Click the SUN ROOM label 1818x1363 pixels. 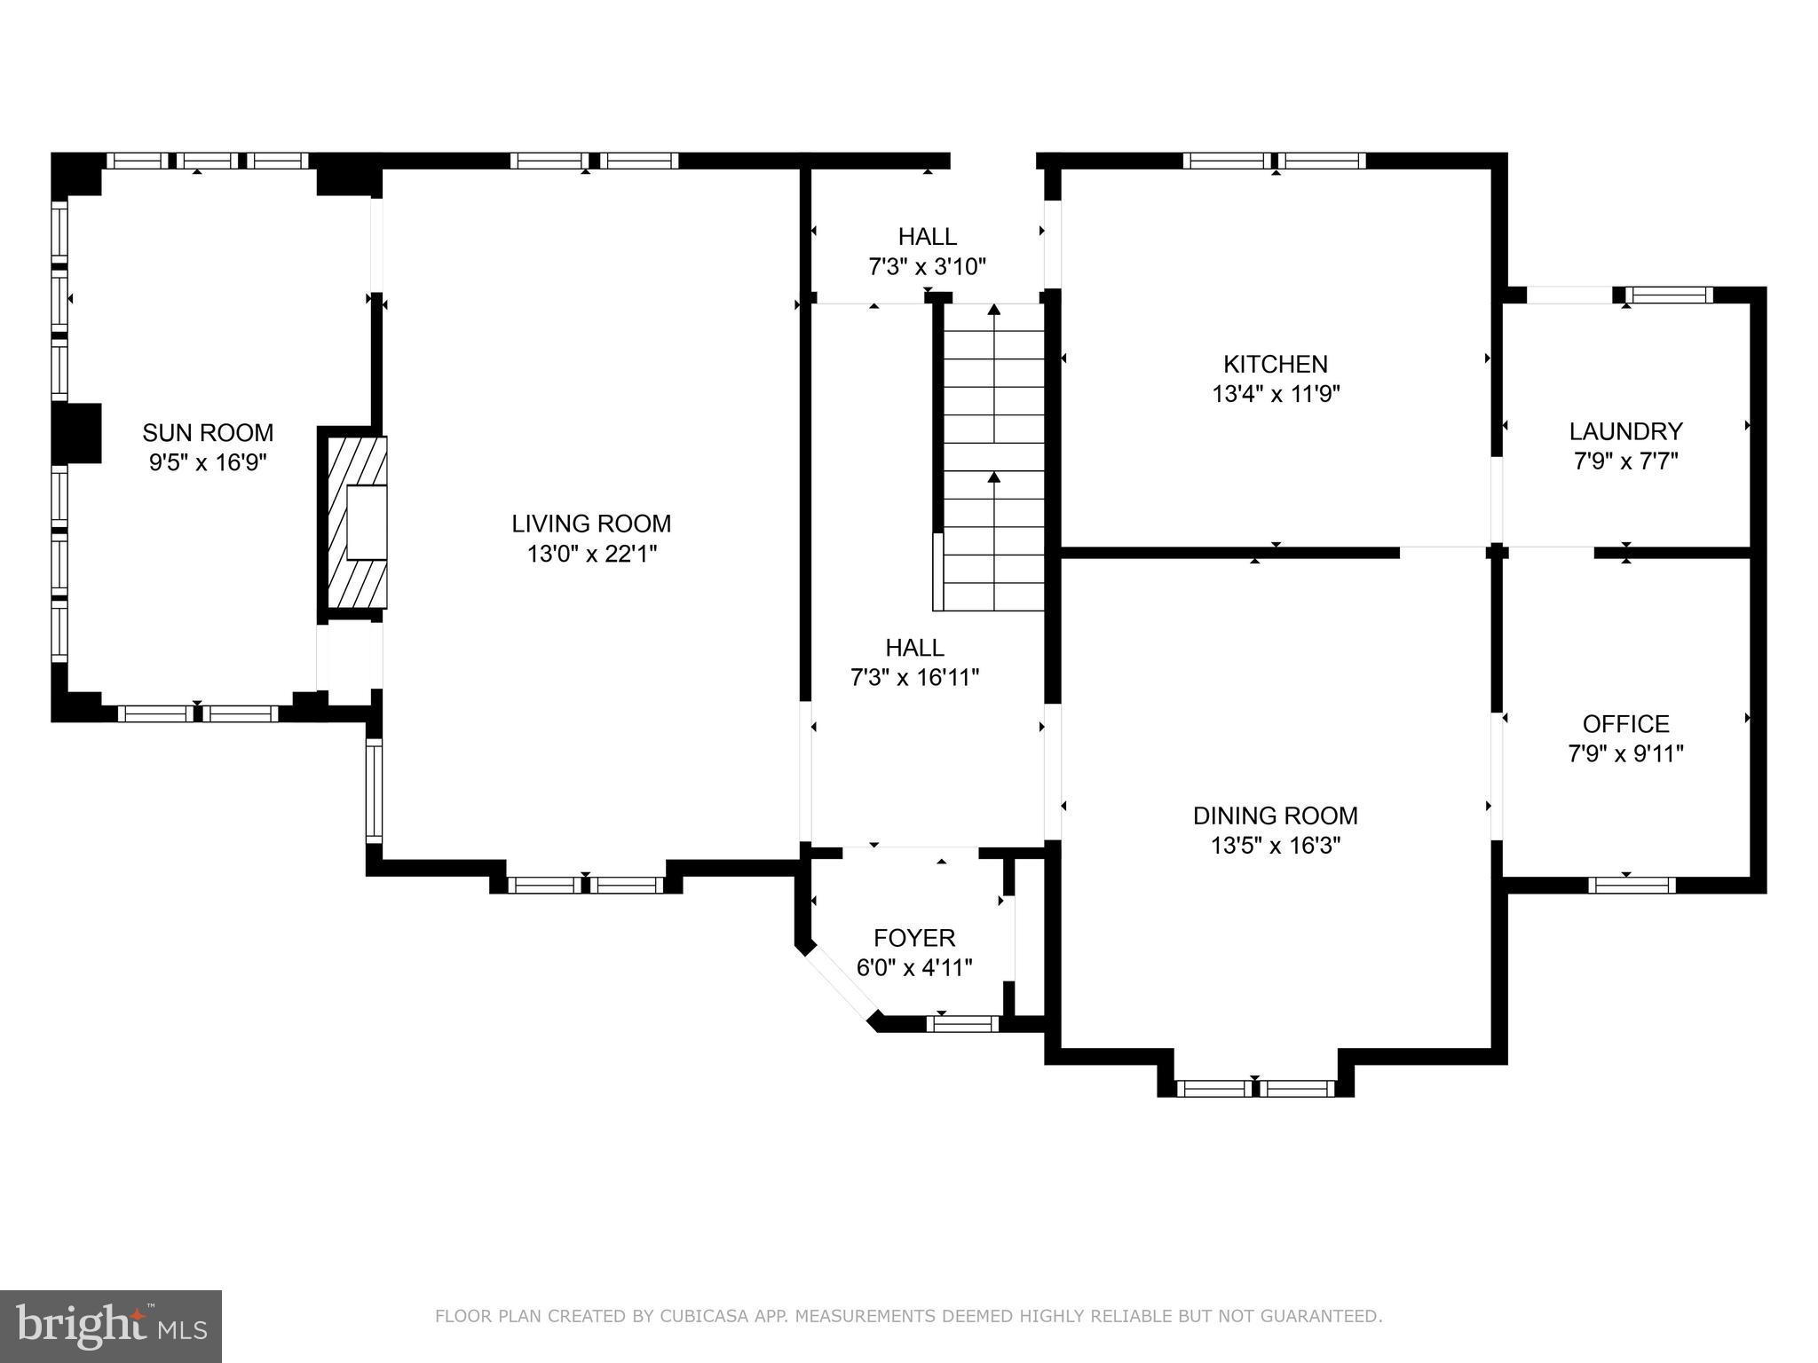coord(208,433)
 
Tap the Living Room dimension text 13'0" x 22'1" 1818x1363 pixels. coord(591,555)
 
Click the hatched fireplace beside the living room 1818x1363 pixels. coord(355,522)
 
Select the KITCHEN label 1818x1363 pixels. coord(1276,364)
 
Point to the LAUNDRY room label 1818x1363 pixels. coord(1625,431)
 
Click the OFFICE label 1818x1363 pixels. coord(1625,724)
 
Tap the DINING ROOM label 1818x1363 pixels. coord(1276,815)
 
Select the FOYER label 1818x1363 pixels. coord(914,938)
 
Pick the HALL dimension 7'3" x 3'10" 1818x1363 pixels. coord(927,266)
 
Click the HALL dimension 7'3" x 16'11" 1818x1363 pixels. coord(914,678)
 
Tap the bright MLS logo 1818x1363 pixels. coord(111,1326)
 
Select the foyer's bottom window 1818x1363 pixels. coord(962,1024)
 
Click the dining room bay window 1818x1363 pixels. coord(1254,1089)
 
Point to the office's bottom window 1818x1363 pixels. coord(1632,885)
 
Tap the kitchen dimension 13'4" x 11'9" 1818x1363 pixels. coord(1276,394)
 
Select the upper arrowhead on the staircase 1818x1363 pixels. coord(994,310)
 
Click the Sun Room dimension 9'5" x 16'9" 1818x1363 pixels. coord(208,463)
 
